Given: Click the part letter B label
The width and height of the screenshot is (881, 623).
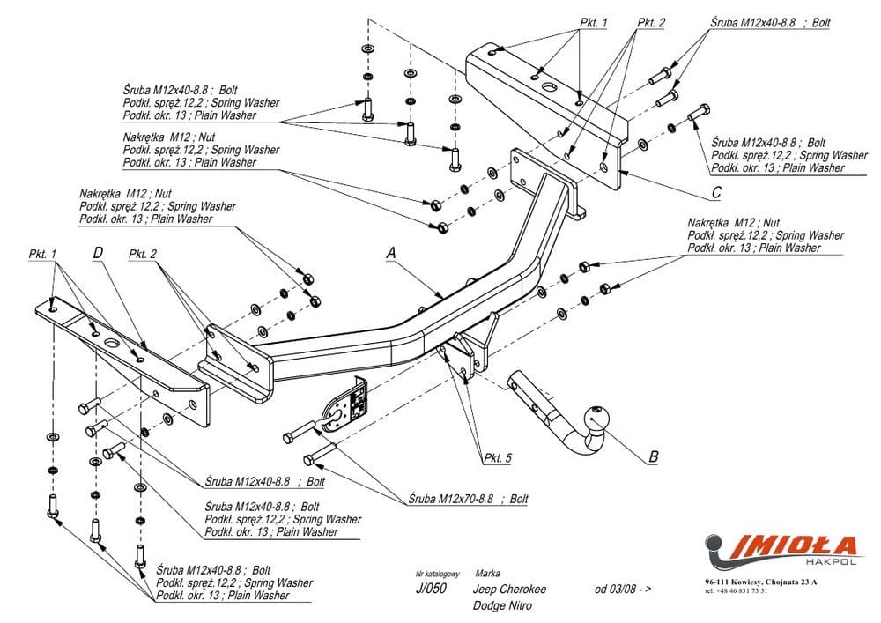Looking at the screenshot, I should pos(653,456).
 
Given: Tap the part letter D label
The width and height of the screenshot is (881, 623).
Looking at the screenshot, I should pos(98,254).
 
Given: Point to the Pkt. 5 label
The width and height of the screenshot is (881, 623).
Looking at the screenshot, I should pos(497,458).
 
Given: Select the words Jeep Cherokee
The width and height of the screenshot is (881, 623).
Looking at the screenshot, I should pos(509,590).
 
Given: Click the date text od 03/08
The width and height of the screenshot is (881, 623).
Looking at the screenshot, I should pos(623,590).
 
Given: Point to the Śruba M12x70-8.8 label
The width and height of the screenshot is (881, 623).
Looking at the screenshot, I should pos(468,499).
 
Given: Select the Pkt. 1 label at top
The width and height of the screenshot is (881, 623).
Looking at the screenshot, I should pos(593,23).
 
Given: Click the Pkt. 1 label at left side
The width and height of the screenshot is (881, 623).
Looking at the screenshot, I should pos(42,254).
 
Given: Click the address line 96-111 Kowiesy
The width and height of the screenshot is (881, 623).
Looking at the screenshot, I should pos(760,582).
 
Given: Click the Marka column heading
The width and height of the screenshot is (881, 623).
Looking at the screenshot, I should pos(487,573).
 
